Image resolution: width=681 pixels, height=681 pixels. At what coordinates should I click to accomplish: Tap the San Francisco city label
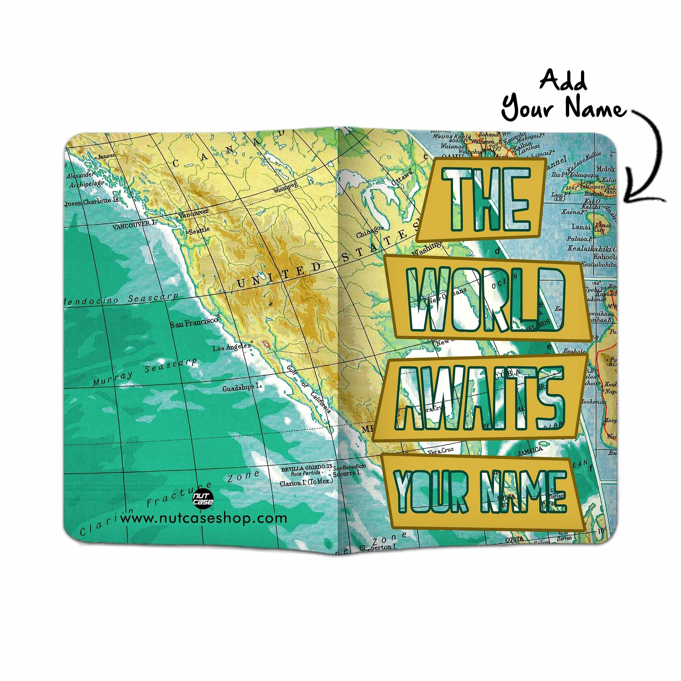click(x=194, y=322)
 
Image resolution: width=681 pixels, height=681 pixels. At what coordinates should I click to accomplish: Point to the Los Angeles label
click(x=231, y=347)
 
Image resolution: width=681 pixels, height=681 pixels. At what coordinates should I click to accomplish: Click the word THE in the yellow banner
click(x=486, y=199)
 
